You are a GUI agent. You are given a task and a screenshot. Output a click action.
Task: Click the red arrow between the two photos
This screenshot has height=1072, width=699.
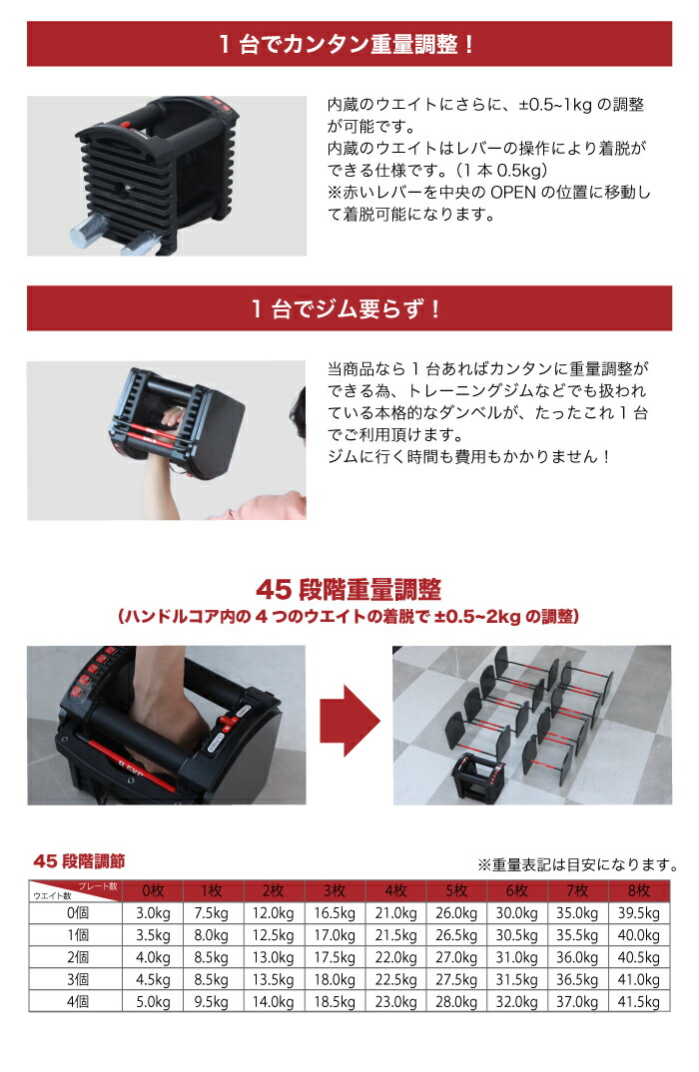349,721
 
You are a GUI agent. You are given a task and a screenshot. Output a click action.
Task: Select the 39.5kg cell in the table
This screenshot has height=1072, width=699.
639,913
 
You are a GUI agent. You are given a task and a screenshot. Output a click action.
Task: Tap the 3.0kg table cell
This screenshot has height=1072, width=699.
153,913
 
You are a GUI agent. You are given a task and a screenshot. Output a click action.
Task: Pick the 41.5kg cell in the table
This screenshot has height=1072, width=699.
639,1001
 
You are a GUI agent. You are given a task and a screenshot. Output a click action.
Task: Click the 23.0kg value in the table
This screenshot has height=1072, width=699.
395,1001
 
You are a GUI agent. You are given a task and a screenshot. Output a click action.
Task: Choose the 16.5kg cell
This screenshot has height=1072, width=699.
335,913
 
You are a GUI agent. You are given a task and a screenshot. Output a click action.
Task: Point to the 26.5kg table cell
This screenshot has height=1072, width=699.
456,935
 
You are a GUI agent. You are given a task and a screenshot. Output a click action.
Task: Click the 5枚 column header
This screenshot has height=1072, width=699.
456,890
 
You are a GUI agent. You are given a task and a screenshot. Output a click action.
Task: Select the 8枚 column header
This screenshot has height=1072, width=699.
639,890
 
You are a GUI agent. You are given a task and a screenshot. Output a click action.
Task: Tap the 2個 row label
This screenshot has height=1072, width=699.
77,957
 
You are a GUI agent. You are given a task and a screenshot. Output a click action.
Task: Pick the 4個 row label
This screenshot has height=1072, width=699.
77,1001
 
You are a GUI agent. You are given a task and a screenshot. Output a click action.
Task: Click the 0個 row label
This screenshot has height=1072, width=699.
77,913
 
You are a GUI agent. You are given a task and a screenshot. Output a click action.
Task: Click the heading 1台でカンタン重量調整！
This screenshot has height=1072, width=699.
347,45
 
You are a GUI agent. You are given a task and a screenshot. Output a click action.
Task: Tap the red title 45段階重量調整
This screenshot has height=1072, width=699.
349,589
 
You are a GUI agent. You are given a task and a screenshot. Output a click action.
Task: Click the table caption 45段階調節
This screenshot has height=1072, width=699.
79,860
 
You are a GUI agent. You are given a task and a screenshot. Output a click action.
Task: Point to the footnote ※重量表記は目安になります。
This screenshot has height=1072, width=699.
578,865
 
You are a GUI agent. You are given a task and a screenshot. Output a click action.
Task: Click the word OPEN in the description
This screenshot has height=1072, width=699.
513,192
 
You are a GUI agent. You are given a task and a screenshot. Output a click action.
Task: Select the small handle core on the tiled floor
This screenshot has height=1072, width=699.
477,775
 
